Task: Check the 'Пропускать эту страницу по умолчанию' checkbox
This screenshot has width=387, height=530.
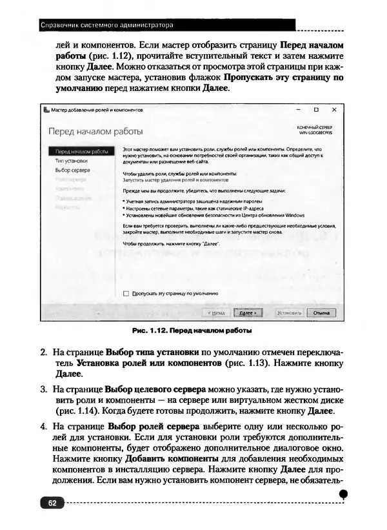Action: (126, 293)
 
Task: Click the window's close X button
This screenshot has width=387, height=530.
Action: (333, 110)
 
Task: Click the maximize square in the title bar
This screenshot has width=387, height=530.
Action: (316, 110)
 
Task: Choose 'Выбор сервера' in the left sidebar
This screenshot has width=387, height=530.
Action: (72, 170)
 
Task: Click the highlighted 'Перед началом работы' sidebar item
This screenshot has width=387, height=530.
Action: (81, 152)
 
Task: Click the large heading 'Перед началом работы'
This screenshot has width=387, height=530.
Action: (95, 132)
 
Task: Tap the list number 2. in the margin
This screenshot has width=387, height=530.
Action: (44, 353)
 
